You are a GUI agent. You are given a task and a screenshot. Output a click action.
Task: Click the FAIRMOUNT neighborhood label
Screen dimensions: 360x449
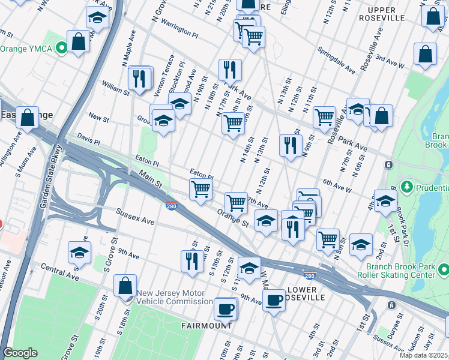(206, 325)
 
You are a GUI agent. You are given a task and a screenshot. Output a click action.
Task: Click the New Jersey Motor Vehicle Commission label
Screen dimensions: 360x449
(174, 298)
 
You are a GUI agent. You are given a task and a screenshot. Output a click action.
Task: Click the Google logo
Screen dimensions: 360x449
(20, 353)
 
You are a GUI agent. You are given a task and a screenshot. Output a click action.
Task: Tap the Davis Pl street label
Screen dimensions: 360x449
(88, 140)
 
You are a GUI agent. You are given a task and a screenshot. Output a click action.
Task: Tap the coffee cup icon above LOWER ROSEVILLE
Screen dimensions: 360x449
(274, 299)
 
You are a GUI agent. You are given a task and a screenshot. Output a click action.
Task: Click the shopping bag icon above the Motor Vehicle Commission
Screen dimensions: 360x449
(125, 286)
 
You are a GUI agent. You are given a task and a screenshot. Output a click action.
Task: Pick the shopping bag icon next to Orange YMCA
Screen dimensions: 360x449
(78, 42)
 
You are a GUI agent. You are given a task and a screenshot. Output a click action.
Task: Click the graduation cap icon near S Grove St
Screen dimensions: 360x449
(79, 253)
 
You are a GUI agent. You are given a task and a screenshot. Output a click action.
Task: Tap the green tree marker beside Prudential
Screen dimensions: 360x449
(406, 187)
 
